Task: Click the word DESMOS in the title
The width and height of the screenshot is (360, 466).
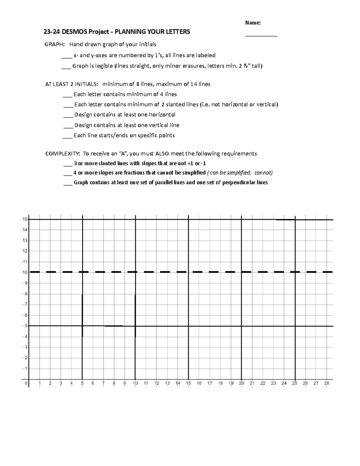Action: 75,32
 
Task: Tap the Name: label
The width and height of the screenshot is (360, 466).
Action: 253,23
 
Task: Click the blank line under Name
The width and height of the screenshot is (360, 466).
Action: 261,36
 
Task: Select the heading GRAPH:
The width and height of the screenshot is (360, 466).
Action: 54,44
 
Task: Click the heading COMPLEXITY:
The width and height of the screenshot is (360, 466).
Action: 62,154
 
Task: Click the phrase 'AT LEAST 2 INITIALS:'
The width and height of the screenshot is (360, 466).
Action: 71,84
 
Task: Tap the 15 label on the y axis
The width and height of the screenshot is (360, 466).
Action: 25,219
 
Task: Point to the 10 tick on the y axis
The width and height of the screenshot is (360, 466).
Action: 25,272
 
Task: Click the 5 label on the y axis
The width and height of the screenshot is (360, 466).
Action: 26,326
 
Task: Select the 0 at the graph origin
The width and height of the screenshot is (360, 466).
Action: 26,383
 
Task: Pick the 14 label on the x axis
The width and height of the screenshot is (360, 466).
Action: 178,383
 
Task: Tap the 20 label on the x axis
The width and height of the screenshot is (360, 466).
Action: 241,383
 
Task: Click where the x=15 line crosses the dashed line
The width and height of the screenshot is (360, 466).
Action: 188,272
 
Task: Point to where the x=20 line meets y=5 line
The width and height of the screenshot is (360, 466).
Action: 241,326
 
